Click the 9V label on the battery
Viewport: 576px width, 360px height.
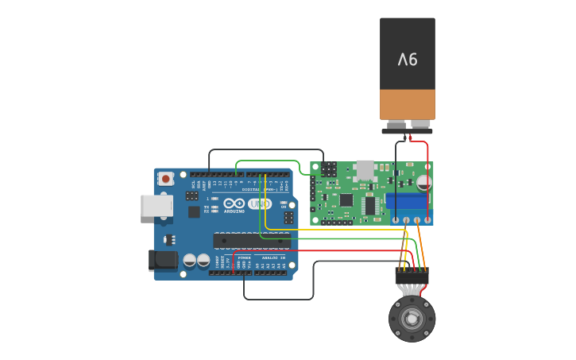point(408,59)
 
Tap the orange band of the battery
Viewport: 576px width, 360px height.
point(408,104)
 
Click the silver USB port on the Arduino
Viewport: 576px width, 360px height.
point(157,206)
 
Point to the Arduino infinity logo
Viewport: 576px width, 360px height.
point(234,203)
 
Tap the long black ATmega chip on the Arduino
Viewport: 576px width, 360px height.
point(246,240)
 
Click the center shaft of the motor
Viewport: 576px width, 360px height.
point(412,319)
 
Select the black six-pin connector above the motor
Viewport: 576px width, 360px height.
point(412,277)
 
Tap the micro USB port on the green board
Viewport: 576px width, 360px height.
point(365,169)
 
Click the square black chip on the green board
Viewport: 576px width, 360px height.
point(346,200)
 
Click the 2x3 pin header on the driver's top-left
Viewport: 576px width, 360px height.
point(328,169)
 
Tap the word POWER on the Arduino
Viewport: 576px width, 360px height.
point(244,257)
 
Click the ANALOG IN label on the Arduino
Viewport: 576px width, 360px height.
point(273,257)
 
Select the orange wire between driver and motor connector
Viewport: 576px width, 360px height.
point(421,246)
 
